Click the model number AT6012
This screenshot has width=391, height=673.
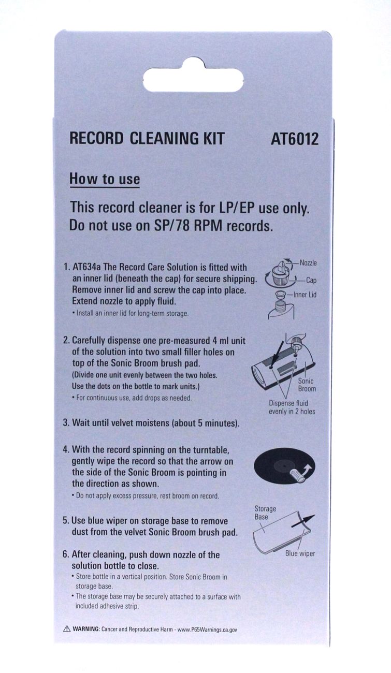[295, 139]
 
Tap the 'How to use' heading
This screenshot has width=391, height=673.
[105, 179]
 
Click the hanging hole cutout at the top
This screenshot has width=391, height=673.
[193, 75]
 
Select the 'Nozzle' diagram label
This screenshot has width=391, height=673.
[308, 263]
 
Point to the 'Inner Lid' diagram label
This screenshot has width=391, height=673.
[305, 295]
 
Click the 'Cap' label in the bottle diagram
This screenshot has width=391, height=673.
[311, 280]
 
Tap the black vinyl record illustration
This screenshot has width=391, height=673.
[284, 466]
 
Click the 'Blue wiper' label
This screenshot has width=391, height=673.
[300, 553]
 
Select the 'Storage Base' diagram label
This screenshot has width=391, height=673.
[265, 513]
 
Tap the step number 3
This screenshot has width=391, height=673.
[65, 423]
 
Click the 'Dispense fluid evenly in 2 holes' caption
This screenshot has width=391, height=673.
[292, 407]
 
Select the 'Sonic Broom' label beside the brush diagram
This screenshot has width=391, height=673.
[307, 385]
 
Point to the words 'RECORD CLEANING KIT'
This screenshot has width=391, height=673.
[147, 139]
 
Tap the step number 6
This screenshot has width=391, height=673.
[65, 554]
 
